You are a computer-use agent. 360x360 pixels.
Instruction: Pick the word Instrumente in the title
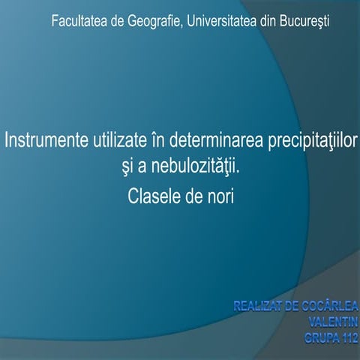46,141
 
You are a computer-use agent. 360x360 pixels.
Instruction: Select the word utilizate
121,141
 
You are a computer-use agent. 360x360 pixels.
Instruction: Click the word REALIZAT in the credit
262,306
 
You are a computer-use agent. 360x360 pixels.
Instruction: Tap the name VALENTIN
333,319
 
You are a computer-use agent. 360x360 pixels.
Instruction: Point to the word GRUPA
319,332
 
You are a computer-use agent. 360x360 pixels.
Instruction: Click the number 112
348,332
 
